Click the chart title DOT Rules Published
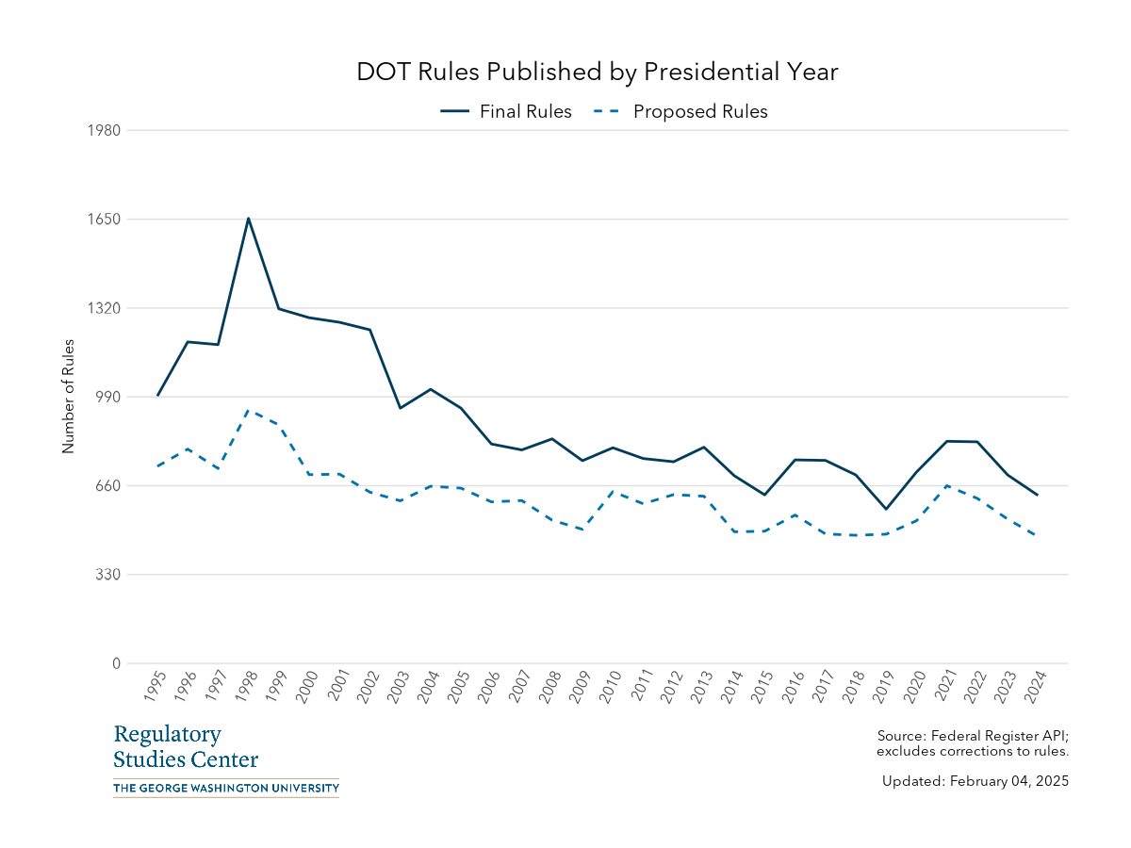click(x=597, y=72)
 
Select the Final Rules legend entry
click(x=506, y=111)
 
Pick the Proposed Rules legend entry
click(x=680, y=111)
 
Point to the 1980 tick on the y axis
click(x=105, y=130)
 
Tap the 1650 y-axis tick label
click(x=105, y=219)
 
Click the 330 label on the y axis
click(x=108, y=575)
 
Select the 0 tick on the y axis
click(x=117, y=663)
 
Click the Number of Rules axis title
click(x=68, y=397)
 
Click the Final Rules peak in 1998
click(x=248, y=219)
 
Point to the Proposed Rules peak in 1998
click(x=248, y=411)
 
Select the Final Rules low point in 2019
click(x=885, y=509)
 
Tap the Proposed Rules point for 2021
click(x=946, y=486)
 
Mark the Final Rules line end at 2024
click(x=1037, y=495)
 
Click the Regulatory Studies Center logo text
click(x=186, y=747)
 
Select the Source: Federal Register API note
click(x=972, y=743)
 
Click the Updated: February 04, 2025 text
click(x=975, y=781)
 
